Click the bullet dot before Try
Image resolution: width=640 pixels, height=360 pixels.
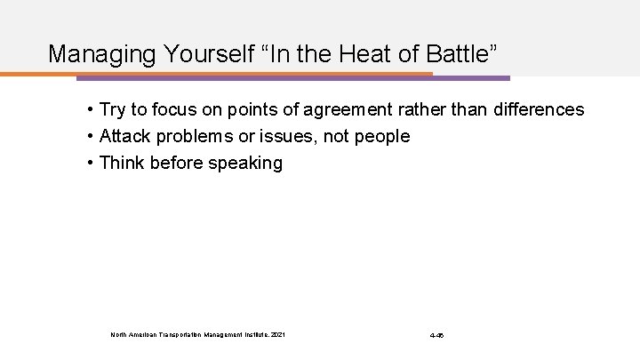[92, 110]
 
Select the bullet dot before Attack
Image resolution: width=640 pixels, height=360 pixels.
[92, 137]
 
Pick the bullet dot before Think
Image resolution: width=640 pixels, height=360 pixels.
[92, 164]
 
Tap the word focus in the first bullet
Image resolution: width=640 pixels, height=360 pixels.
[179, 110]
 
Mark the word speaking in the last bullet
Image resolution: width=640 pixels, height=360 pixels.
[247, 164]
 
